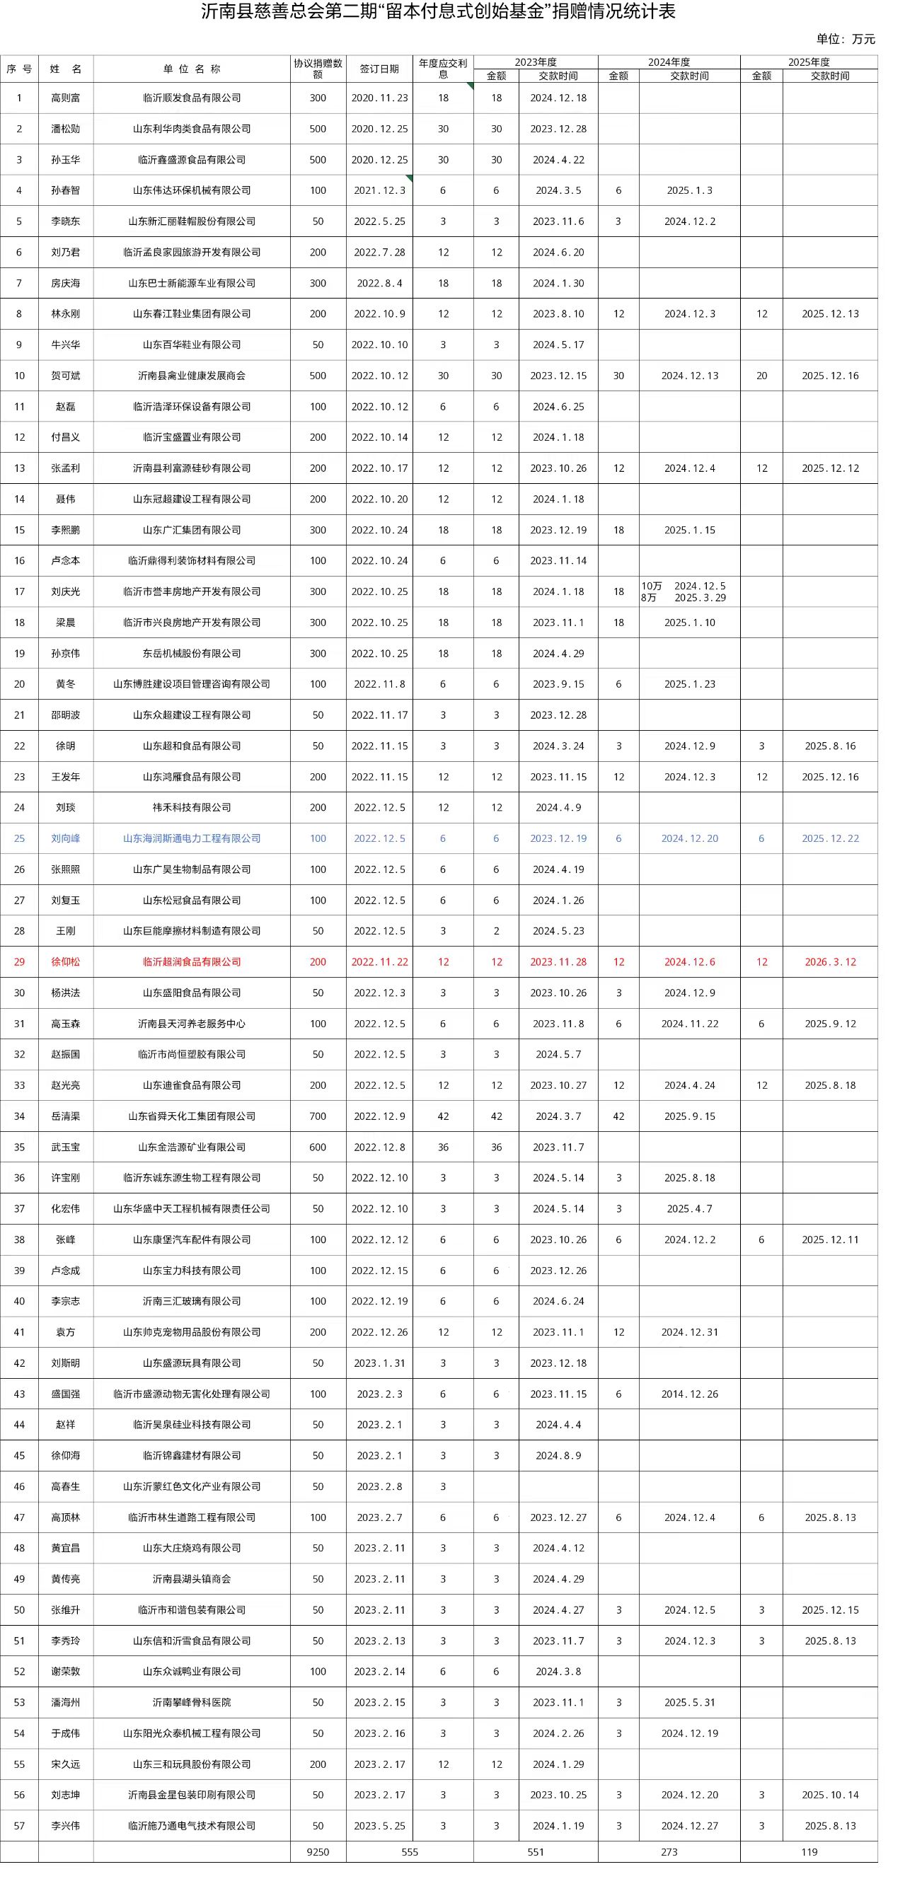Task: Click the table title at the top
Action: point(438,12)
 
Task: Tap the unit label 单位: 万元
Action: point(845,40)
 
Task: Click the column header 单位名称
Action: point(192,69)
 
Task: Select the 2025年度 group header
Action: point(808,62)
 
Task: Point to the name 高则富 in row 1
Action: point(66,98)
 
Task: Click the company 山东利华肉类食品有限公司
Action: point(192,129)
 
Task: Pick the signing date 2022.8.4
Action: point(379,282)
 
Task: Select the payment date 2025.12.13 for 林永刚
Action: point(829,313)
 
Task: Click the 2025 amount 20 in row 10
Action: point(761,376)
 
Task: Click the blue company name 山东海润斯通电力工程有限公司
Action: point(192,838)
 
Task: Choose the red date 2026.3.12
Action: point(829,961)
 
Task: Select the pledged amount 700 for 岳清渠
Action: point(318,1116)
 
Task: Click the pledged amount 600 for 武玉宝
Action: point(318,1147)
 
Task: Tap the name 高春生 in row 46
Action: point(66,1486)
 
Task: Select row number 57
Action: point(19,1826)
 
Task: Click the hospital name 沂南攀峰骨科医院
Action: point(192,1702)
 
